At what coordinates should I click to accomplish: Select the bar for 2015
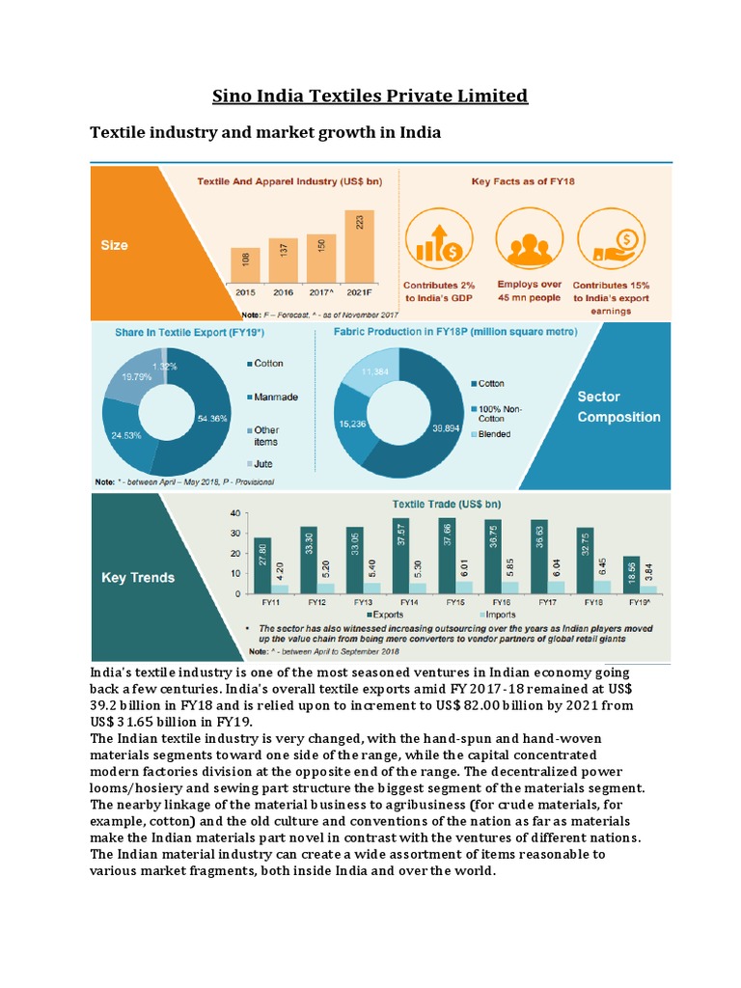[x=244, y=265]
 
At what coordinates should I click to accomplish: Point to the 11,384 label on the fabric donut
[x=373, y=370]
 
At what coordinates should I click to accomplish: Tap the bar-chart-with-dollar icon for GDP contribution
[x=439, y=241]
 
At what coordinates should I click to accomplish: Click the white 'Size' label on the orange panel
[x=114, y=245]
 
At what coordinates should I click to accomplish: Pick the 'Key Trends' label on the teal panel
[x=138, y=577]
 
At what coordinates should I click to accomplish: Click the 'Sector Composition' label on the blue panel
[x=618, y=407]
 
